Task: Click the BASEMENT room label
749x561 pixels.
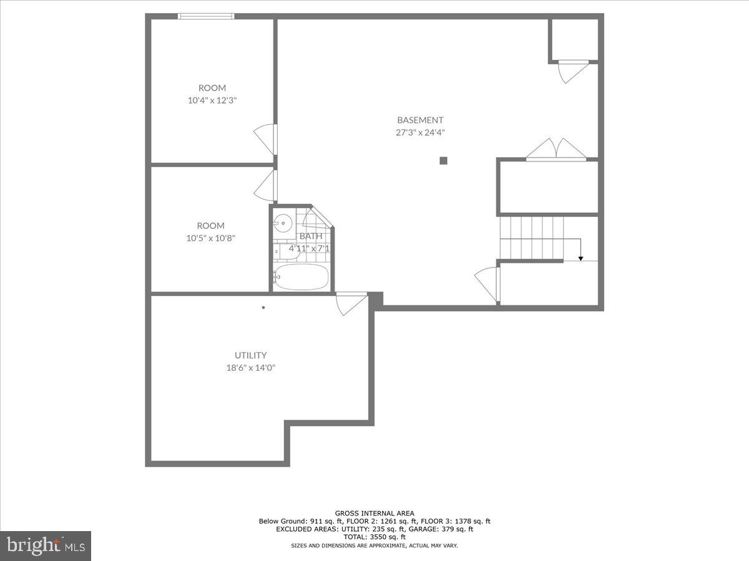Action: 420,120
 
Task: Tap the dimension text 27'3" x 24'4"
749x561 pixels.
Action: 420,132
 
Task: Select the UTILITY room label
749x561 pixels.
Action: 250,355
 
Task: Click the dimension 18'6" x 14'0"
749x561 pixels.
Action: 250,368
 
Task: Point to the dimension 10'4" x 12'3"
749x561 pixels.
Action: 212,100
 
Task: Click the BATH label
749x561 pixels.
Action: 311,236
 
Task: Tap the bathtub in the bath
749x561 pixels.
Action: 301,277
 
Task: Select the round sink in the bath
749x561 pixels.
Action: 283,221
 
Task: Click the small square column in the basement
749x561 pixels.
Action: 443,160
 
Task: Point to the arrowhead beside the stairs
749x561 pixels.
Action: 580,257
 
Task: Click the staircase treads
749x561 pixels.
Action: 532,237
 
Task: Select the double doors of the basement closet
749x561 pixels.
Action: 556,150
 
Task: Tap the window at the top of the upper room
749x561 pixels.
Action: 206,16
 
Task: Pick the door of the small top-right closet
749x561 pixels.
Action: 573,70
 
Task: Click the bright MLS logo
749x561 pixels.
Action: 45,545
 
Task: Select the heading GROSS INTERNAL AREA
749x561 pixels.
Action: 374,514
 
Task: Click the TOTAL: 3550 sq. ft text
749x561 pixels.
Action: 374,537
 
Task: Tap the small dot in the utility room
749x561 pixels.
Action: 263,307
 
